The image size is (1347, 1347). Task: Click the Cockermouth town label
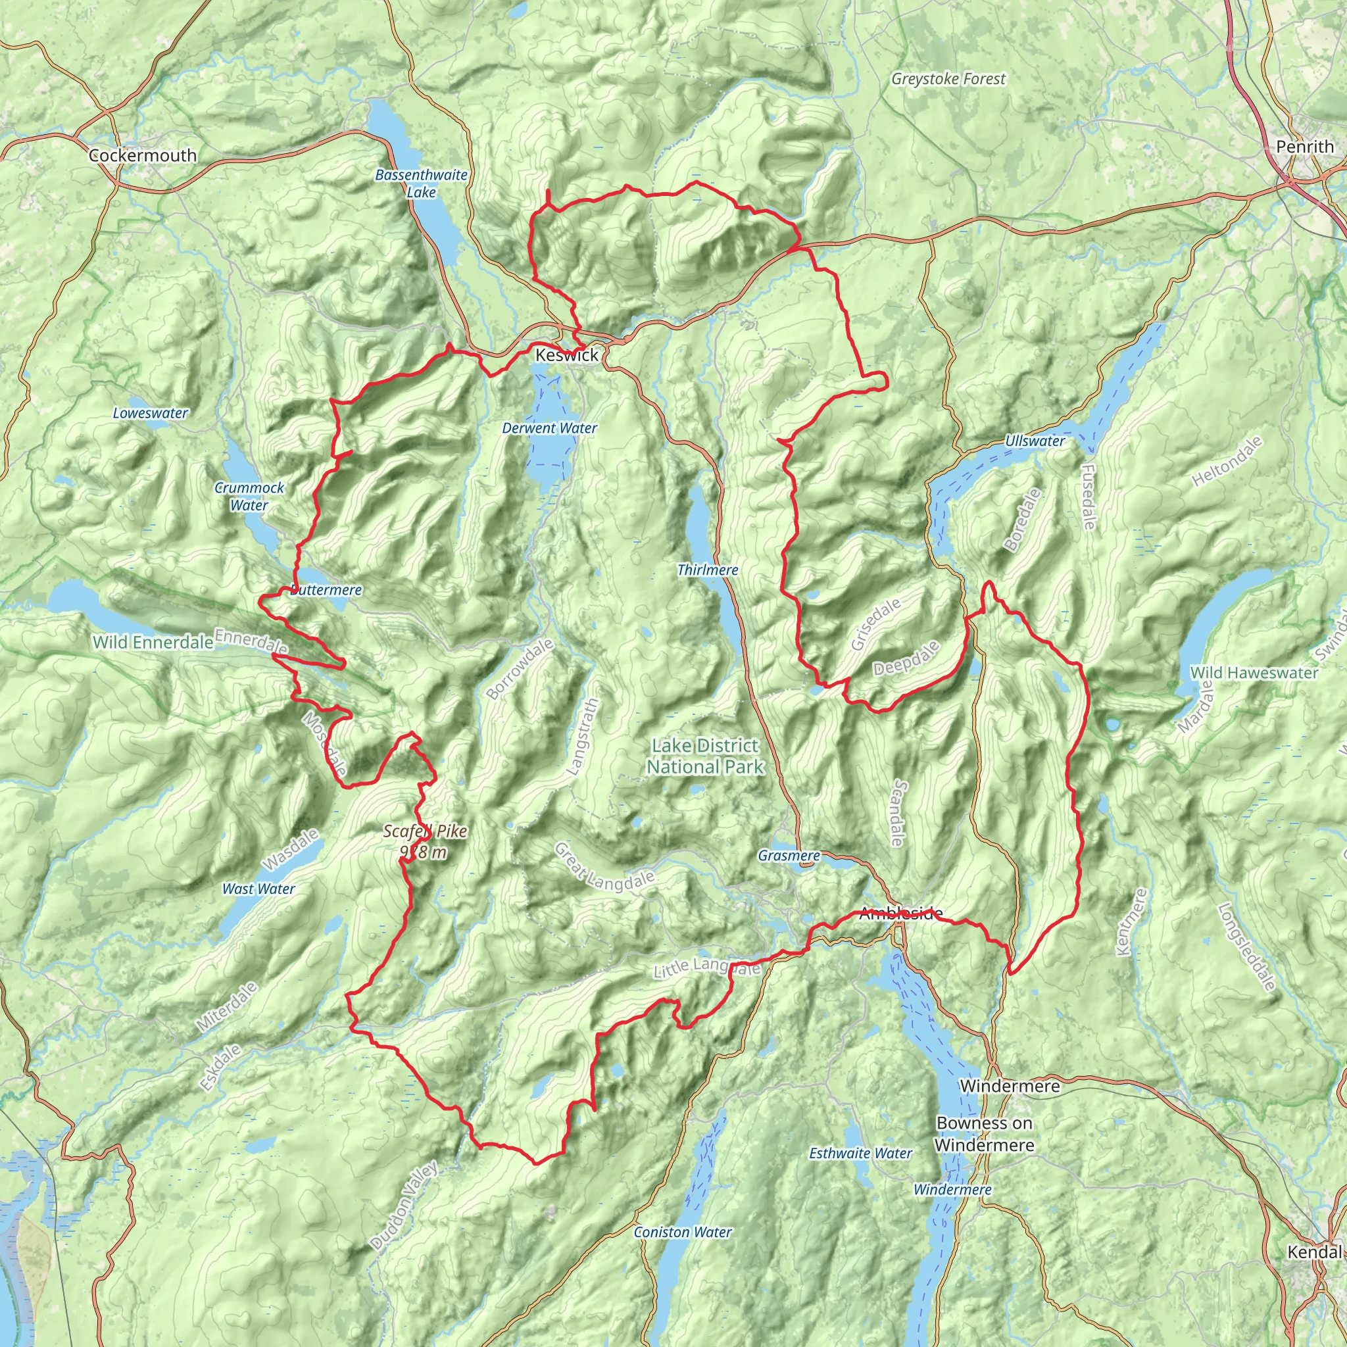pos(142,155)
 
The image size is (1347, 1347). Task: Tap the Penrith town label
pos(1304,147)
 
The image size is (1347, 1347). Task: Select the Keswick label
pos(567,355)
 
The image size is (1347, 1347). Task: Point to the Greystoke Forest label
pos(948,79)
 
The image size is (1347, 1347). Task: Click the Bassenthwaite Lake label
pos(421,184)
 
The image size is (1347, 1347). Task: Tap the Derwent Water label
pos(549,428)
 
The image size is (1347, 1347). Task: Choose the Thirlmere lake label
pos(708,570)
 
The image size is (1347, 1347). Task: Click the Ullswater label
pos(1035,441)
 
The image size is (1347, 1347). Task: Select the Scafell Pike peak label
pos(425,841)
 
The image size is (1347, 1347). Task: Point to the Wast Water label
pos(258,889)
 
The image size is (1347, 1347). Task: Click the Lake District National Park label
pos(705,756)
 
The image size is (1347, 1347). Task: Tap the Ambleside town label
pos(901,913)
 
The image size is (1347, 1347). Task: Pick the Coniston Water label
pos(683,1233)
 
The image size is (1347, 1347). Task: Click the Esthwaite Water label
pos(860,1154)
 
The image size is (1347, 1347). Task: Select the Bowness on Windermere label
pos(984,1134)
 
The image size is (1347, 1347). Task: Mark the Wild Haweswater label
pos(1254,673)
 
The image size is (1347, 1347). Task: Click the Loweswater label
pos(151,413)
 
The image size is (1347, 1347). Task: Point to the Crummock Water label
pos(249,497)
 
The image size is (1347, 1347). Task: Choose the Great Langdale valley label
pos(604,868)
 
